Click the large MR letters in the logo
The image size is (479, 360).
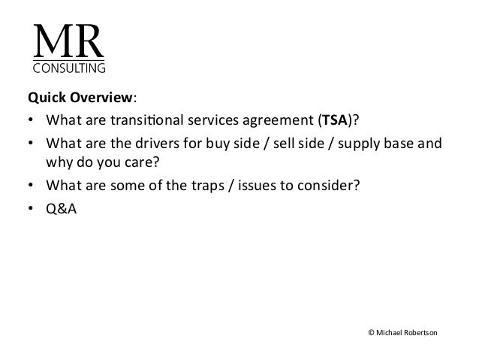click(67, 43)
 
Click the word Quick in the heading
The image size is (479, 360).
click(44, 98)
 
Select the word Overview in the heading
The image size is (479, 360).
click(93, 98)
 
